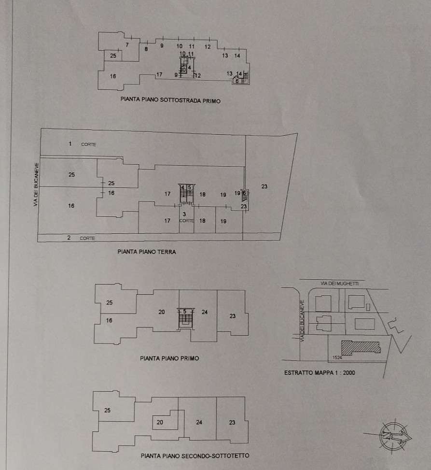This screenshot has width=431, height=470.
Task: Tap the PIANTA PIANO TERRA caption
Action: (x=147, y=252)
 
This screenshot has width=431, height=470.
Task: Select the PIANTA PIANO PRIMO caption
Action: (x=169, y=358)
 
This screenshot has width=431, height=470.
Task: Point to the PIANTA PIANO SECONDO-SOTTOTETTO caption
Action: (x=195, y=456)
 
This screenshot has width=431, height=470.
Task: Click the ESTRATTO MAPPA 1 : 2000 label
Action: (x=319, y=373)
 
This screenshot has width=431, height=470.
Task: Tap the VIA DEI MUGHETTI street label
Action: (x=342, y=283)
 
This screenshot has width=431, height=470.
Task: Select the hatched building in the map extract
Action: (x=360, y=347)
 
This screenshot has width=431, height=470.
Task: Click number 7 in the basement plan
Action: (x=127, y=45)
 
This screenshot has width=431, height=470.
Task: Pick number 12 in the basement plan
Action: (x=208, y=47)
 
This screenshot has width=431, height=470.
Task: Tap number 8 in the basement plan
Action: (x=146, y=49)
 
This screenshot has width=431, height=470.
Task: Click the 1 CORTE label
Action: (x=78, y=144)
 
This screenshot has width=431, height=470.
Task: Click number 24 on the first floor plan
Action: (x=205, y=313)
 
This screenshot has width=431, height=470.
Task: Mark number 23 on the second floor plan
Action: (x=232, y=423)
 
